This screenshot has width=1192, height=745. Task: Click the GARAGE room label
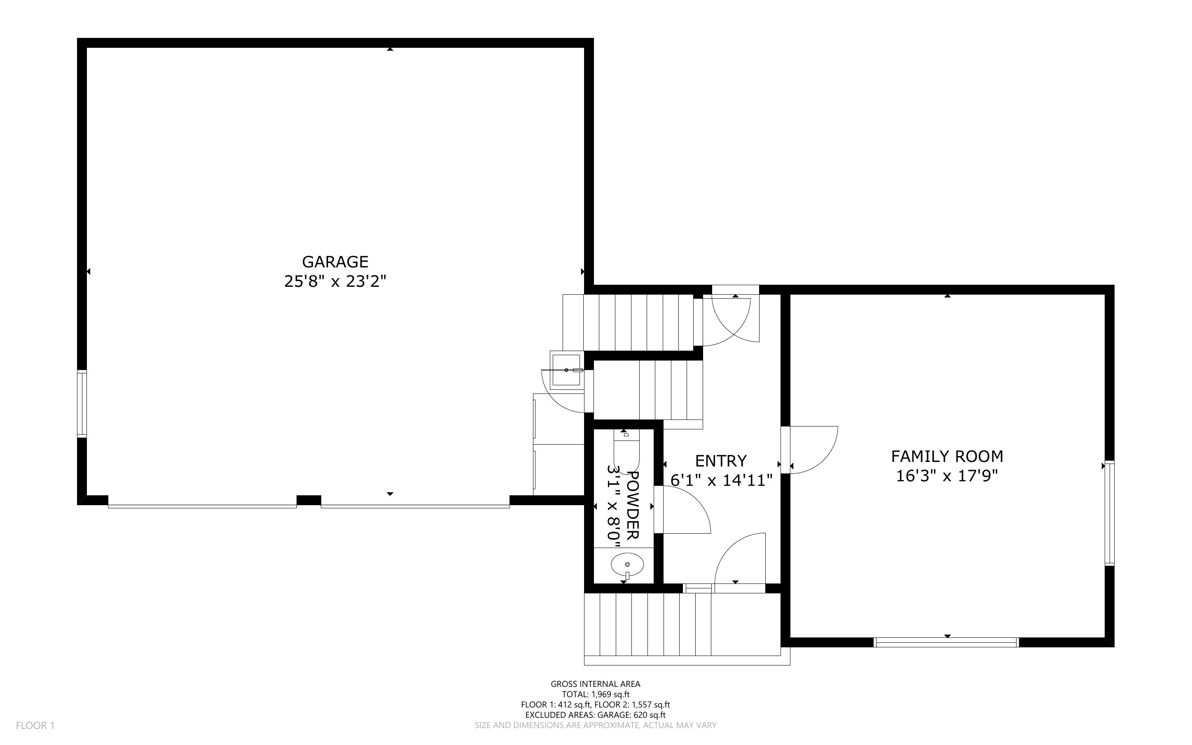coord(335,261)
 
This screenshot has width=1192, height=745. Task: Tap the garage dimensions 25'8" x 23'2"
coord(335,282)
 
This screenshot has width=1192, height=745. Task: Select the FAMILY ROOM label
coord(947,456)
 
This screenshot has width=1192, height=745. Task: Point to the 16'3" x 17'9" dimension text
coord(947,476)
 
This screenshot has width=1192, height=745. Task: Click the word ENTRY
coord(721,461)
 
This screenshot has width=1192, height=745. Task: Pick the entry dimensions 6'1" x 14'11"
coord(721,480)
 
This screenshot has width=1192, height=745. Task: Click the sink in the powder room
coord(627,565)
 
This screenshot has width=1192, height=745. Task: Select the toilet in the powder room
coord(626,451)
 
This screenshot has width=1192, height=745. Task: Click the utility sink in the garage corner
coord(566,370)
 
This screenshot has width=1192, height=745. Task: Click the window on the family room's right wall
coord(1109,513)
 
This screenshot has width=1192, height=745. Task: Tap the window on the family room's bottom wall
coord(945,642)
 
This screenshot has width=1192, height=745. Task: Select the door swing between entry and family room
coord(810,450)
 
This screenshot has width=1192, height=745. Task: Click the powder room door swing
coord(682,510)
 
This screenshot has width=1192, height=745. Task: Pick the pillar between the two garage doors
coord(309,500)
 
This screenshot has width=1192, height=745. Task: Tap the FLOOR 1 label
coord(35,725)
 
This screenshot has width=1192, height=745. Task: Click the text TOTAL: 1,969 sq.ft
coord(595,694)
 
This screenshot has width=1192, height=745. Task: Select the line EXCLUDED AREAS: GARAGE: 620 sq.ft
coord(595,715)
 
